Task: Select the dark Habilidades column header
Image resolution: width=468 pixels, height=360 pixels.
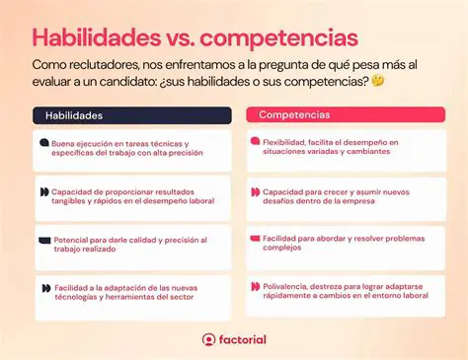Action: point(133,115)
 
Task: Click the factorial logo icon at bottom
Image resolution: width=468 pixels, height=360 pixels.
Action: point(208,339)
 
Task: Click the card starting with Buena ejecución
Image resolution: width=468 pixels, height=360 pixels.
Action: point(133,148)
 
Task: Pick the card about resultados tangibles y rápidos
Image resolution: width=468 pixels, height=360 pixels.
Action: point(133,195)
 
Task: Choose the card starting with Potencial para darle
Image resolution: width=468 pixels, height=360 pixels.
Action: point(133,244)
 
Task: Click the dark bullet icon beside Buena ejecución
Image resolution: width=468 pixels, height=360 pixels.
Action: point(44,143)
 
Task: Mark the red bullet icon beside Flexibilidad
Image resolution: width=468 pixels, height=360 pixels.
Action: point(255,143)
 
